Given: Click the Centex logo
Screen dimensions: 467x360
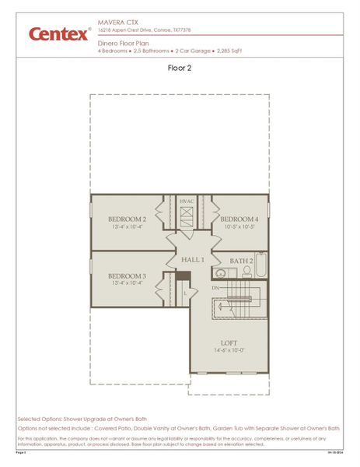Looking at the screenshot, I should pyautogui.click(x=59, y=33).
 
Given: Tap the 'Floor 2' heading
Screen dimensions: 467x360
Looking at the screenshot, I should pyautogui.click(x=180, y=68).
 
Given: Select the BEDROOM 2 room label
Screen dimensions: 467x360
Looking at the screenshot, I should pyautogui.click(x=127, y=219).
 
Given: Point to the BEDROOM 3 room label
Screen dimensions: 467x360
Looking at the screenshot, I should pyautogui.click(x=127, y=276).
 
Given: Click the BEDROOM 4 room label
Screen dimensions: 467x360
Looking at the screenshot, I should pyautogui.click(x=239, y=219).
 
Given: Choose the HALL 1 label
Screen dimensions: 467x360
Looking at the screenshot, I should pyautogui.click(x=193, y=259).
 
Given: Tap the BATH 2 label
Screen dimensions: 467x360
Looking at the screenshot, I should pyautogui.click(x=241, y=261).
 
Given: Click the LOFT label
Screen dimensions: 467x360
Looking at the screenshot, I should pyautogui.click(x=229, y=342).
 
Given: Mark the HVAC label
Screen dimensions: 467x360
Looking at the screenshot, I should pyautogui.click(x=187, y=202).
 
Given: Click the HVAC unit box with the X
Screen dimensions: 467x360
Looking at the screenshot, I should pyautogui.click(x=187, y=218).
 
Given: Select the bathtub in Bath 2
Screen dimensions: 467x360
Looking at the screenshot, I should pyautogui.click(x=261, y=266).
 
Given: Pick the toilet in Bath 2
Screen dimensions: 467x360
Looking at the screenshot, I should pyautogui.click(x=246, y=272).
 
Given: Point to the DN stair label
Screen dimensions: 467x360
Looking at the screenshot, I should pyautogui.click(x=215, y=288).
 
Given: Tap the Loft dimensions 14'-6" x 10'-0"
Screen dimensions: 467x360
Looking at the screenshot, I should pyautogui.click(x=229, y=351).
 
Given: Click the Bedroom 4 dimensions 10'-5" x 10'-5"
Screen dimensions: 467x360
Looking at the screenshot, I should pyautogui.click(x=239, y=228).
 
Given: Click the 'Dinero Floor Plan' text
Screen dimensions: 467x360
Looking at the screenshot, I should pyautogui.click(x=123, y=44).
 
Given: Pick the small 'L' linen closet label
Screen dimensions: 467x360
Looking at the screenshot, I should pyautogui.click(x=183, y=293).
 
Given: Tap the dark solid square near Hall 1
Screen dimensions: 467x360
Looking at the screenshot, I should pyautogui.click(x=183, y=276).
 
